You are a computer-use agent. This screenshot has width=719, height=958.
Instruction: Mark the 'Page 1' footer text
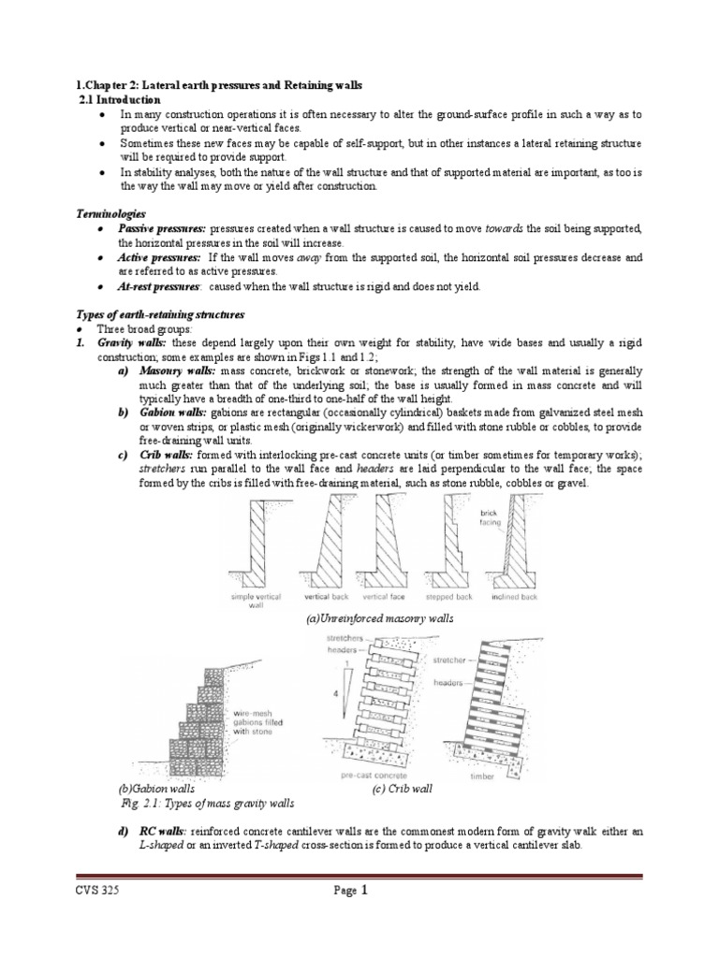tap(351, 891)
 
